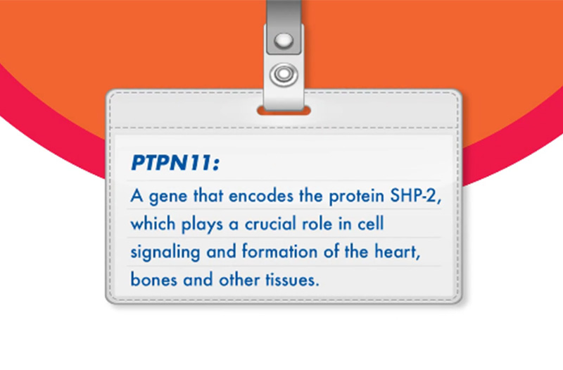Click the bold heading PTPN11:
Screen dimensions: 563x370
coord(175,163)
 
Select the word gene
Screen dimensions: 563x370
coord(168,197)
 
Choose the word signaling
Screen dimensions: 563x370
coord(165,252)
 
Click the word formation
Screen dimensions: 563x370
coord(279,252)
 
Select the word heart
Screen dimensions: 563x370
coord(397,252)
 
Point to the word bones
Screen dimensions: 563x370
coord(153,279)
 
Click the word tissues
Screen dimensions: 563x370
coord(292,280)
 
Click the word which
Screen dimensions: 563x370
coord(153,223)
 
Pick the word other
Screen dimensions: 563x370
coord(239,279)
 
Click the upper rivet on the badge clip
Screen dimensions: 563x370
coord(284,40)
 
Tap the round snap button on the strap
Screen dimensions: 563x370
coord(284,75)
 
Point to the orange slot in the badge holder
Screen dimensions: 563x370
coord(284,111)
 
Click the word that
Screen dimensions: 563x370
coord(208,196)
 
